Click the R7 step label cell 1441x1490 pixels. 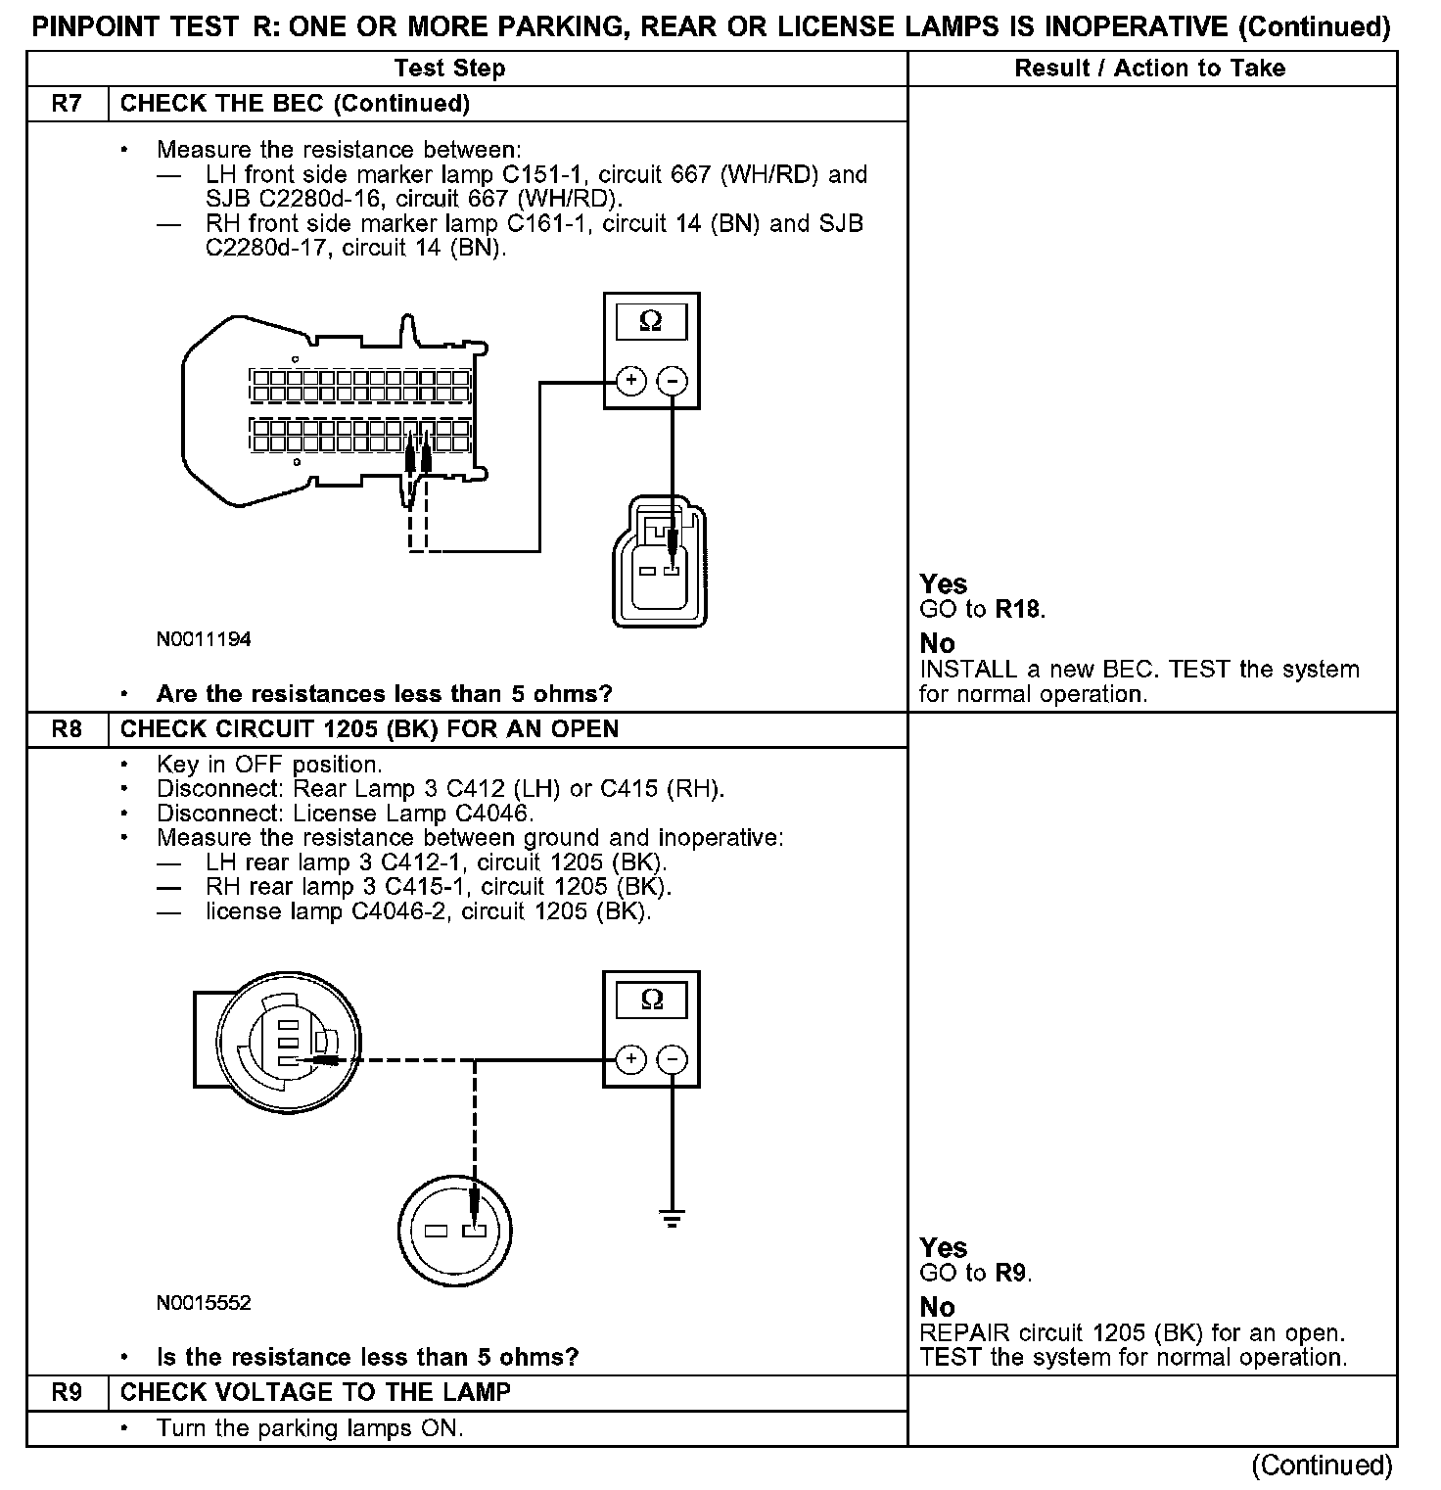click(x=67, y=104)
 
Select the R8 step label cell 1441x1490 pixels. click(x=67, y=729)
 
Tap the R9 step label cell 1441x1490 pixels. click(x=67, y=1392)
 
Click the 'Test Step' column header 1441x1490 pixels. click(x=449, y=69)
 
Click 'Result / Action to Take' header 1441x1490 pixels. click(x=1150, y=69)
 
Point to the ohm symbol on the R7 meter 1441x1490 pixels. click(x=650, y=321)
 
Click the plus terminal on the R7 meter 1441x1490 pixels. click(x=631, y=381)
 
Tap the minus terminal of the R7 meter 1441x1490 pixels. click(x=672, y=381)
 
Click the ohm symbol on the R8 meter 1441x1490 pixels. click(x=651, y=1000)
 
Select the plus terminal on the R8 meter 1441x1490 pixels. click(x=631, y=1059)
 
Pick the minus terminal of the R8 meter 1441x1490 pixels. click(x=672, y=1059)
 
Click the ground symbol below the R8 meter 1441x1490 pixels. click(x=672, y=1219)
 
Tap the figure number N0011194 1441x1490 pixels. click(x=204, y=639)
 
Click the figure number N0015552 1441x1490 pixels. click(x=204, y=1303)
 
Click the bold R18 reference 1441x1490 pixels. click(x=1018, y=609)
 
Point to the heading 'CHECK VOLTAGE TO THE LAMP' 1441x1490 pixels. click(x=315, y=1392)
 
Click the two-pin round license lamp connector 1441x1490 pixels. click(x=455, y=1231)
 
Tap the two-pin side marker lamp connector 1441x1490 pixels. click(x=658, y=563)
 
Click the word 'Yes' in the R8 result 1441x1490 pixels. click(x=944, y=1248)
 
